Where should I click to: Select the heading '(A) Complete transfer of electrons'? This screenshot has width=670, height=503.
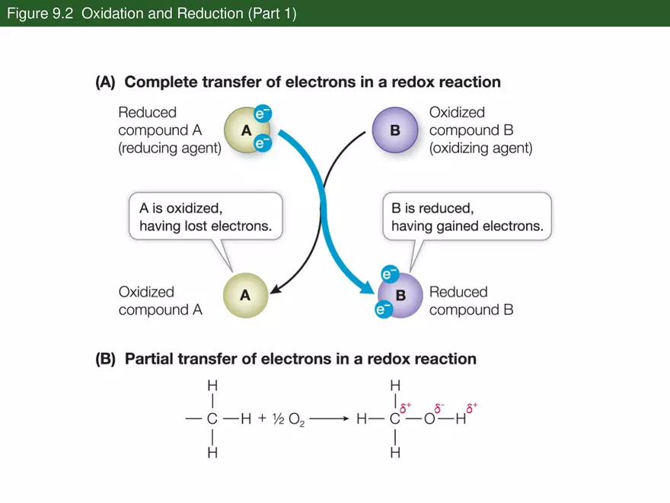298,82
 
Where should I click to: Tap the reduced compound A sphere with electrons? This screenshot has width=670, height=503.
245,130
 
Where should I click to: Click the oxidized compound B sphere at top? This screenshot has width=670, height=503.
394,130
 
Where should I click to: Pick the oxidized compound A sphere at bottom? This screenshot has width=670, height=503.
245,295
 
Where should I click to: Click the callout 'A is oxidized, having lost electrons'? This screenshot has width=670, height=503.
205,216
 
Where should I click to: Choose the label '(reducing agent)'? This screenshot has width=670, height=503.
169,149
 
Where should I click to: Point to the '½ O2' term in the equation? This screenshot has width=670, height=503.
287,418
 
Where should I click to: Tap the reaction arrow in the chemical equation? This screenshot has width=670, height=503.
329,418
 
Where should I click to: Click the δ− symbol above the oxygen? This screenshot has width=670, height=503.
439,407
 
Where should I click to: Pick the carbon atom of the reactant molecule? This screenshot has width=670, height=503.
212,418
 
